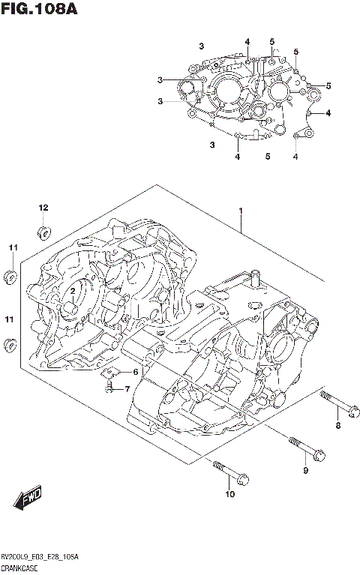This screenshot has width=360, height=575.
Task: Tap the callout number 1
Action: click(241, 212)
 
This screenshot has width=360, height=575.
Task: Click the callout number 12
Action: click(43, 207)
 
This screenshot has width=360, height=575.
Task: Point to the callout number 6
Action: click(136, 372)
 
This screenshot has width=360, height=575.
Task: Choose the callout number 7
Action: click(127, 388)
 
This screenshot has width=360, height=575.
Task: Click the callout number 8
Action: click(337, 426)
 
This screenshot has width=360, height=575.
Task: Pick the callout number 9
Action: click(305, 470)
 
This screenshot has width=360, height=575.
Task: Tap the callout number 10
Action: click(230, 493)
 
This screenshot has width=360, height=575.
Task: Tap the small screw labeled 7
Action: click(109, 387)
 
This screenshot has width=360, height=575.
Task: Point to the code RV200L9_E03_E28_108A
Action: click(41, 557)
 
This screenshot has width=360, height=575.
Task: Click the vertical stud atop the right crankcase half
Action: click(254, 278)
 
